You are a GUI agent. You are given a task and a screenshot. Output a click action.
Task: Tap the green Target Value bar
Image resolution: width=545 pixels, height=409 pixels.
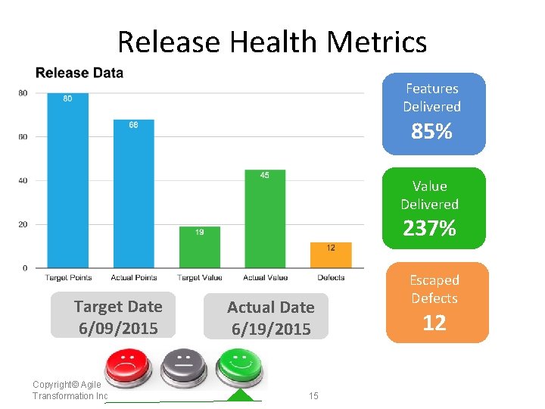200,247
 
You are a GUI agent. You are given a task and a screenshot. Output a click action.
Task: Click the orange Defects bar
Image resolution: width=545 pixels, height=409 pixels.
331,254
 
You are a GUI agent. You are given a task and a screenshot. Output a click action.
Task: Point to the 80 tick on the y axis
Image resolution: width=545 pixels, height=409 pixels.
23,93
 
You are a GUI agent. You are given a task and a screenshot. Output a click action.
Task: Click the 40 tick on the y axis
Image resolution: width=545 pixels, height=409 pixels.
23,180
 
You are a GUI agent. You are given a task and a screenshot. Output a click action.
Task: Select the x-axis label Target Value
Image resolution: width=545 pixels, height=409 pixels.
200,278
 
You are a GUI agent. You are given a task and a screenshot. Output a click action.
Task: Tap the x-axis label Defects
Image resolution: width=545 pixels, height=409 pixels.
331,278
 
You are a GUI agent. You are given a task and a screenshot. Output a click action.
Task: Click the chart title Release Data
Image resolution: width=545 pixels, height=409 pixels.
79,73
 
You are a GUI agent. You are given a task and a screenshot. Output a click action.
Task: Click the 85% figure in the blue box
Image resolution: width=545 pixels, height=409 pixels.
431,133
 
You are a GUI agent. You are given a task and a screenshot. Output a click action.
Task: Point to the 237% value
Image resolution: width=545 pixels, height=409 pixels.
429,228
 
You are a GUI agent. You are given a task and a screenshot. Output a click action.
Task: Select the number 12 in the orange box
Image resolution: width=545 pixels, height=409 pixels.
434,323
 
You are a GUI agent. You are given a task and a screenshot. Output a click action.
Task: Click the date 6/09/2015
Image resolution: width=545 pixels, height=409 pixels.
118,329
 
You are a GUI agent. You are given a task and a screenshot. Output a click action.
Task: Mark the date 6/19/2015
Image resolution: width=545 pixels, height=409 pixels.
271,329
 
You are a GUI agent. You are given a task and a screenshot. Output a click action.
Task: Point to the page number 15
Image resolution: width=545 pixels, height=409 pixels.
314,396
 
